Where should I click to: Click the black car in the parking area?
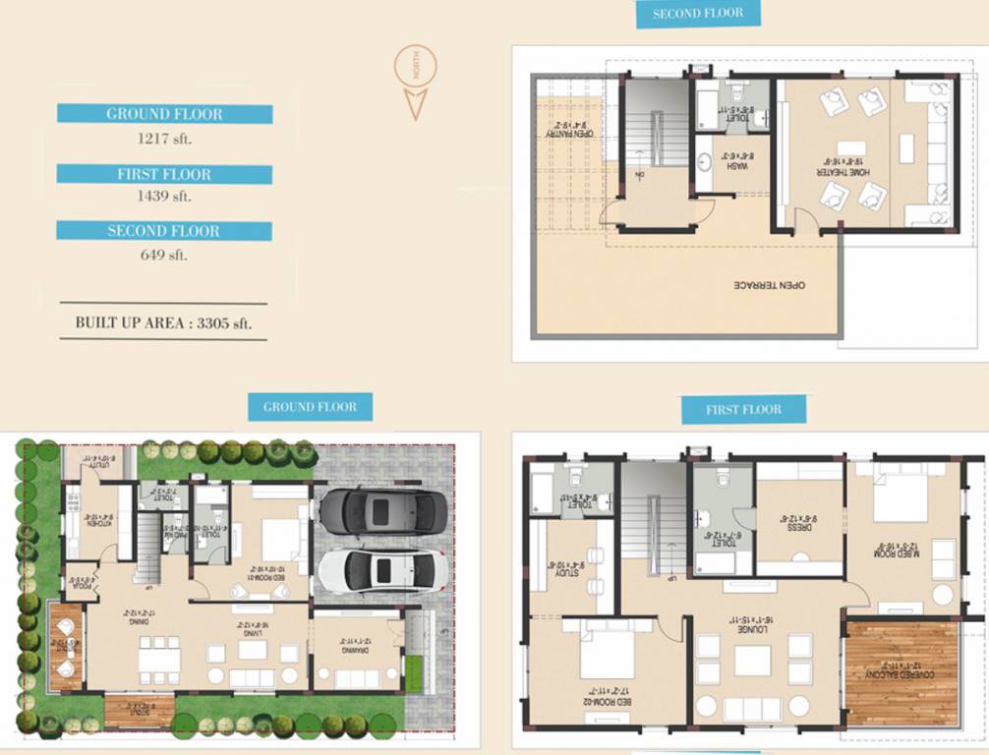pyautogui.click(x=382, y=511)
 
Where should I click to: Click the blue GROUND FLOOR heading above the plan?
pyautogui.click(x=311, y=406)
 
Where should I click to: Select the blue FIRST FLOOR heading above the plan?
pyautogui.click(x=743, y=409)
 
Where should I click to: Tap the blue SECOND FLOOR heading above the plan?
pyautogui.click(x=697, y=13)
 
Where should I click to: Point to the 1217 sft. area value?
pyautogui.click(x=164, y=139)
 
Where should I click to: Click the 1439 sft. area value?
pyautogui.click(x=164, y=197)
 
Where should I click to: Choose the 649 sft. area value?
pyautogui.click(x=164, y=255)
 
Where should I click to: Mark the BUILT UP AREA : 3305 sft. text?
pyautogui.click(x=163, y=321)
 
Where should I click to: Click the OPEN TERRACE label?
pyautogui.click(x=771, y=285)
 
